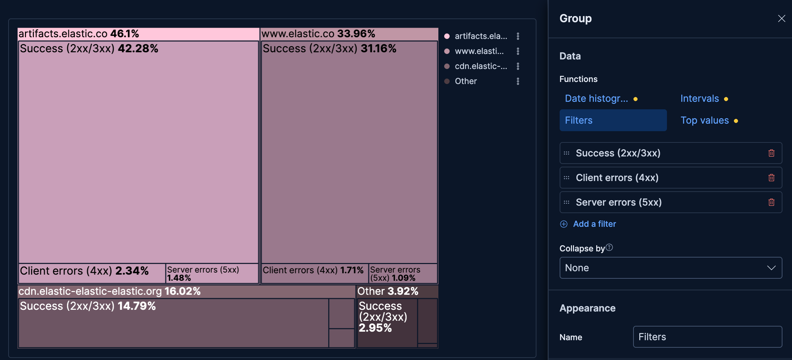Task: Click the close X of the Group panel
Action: point(781,18)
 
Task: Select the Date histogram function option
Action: point(596,99)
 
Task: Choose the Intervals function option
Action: point(699,99)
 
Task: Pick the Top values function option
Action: point(705,121)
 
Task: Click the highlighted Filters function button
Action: point(613,120)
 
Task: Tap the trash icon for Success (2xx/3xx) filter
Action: point(771,153)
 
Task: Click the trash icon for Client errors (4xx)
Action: point(771,178)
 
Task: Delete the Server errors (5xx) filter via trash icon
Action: point(771,202)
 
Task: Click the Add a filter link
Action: point(594,224)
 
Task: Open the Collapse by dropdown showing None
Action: point(670,268)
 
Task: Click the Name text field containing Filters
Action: point(707,337)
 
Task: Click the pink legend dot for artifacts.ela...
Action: point(447,36)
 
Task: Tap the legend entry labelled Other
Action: point(466,81)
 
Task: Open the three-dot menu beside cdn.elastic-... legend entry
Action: point(518,66)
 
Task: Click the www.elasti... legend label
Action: point(479,51)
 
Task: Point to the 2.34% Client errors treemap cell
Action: point(92,273)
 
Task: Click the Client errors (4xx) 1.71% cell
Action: point(314,274)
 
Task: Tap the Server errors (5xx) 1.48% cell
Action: point(212,274)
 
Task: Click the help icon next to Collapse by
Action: point(609,247)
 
